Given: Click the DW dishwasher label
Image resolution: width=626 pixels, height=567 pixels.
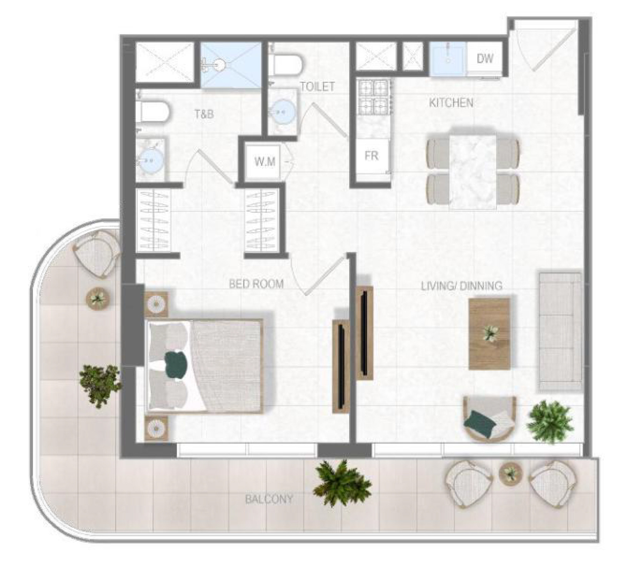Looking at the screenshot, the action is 485,58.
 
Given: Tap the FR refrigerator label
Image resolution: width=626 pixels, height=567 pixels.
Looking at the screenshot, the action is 371,156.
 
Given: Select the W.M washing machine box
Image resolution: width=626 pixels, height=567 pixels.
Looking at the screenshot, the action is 265,161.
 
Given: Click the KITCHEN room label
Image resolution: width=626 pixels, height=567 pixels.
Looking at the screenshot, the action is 451,103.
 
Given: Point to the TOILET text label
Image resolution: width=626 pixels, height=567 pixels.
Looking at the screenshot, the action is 317,87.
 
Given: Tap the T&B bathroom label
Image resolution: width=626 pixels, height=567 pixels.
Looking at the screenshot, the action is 204,114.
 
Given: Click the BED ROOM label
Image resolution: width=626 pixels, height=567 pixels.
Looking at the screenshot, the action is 256,284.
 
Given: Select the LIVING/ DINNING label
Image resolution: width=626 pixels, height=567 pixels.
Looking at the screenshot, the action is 461,286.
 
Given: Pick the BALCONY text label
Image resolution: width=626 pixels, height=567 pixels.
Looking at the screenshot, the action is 269,499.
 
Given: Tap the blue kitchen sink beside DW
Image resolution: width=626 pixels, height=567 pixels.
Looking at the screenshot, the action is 448,59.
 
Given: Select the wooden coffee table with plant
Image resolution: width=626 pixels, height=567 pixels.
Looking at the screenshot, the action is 489,334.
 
